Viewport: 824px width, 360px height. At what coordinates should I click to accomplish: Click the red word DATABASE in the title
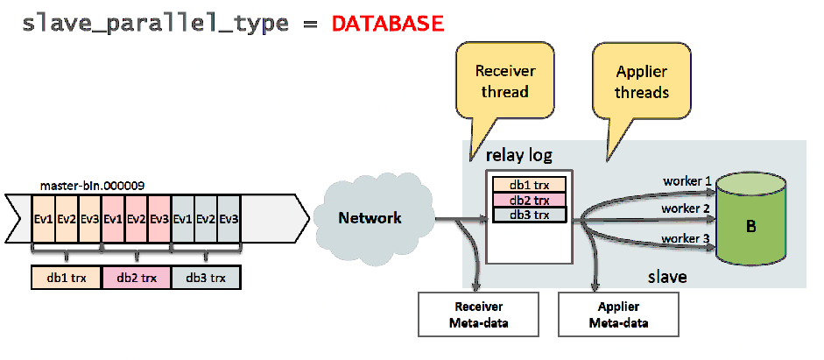(x=387, y=24)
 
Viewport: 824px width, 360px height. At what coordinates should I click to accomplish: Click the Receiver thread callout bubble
(x=504, y=81)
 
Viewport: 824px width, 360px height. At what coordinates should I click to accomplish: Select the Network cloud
(x=370, y=218)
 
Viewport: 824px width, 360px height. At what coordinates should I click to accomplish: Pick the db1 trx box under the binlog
(x=66, y=278)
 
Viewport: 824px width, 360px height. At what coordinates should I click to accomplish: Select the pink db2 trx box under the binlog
(x=136, y=278)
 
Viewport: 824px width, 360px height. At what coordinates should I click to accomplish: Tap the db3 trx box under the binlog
(x=206, y=278)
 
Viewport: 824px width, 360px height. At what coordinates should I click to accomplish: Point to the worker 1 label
(x=685, y=181)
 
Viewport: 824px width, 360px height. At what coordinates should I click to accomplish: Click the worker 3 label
(x=685, y=237)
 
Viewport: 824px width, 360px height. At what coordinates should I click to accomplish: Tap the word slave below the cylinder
(x=667, y=277)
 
